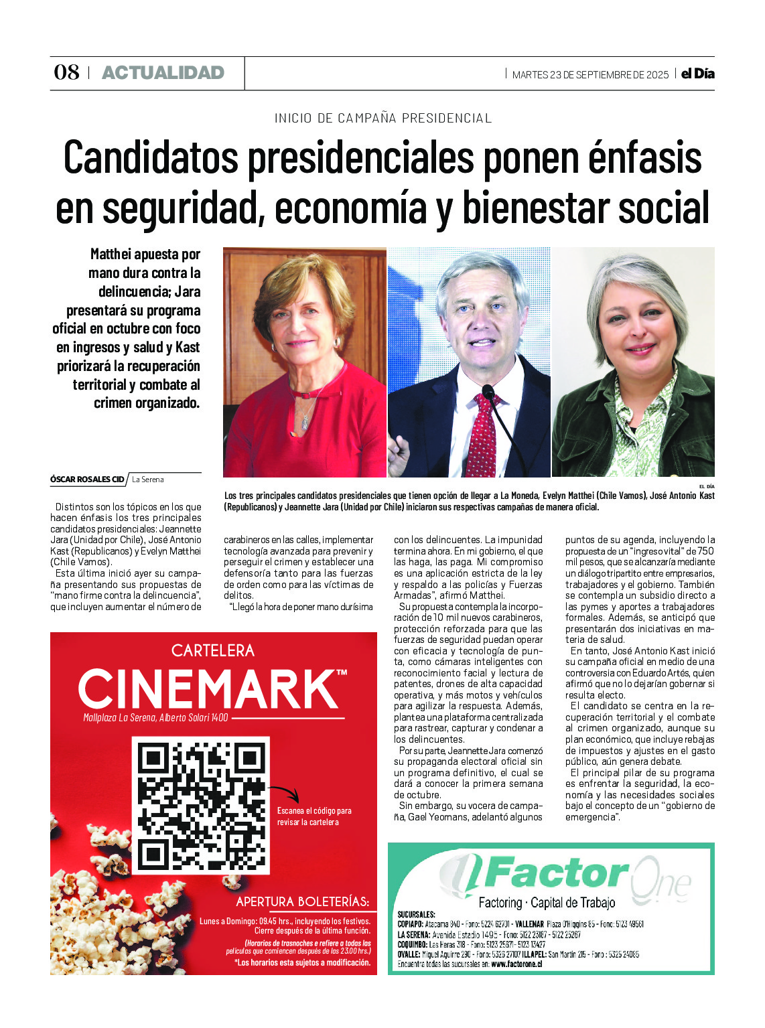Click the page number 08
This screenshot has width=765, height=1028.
point(66,72)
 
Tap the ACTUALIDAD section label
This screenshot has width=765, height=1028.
point(163,73)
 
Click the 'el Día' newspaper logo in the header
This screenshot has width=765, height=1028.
point(697,74)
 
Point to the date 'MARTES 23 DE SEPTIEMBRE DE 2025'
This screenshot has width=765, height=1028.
point(590,75)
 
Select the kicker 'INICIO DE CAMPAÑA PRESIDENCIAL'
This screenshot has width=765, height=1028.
point(383,119)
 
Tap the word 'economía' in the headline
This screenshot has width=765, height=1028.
point(350,208)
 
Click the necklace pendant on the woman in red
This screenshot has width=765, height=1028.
point(305,423)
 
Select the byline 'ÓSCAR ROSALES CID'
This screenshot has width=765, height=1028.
point(87,480)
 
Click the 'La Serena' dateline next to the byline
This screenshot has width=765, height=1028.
point(148,480)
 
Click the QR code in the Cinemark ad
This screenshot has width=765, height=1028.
point(201,805)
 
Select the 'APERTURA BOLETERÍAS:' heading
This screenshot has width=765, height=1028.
point(302,901)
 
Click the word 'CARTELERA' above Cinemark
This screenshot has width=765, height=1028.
point(212,650)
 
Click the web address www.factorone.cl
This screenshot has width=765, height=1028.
point(516,964)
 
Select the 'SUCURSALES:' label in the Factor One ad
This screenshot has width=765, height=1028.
point(416,914)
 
